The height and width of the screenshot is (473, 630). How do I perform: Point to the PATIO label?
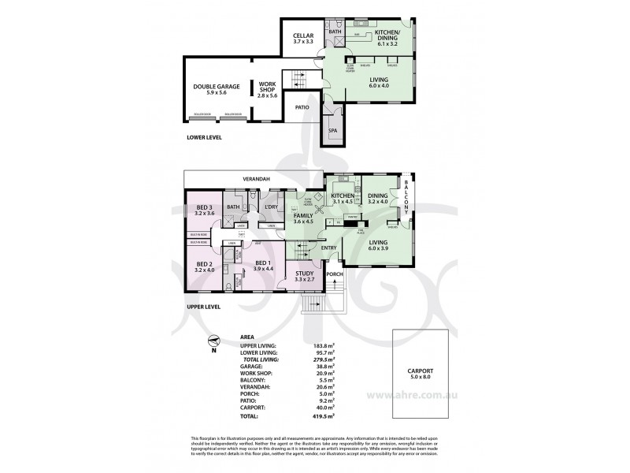click(301, 106)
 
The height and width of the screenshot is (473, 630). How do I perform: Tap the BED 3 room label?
click(204, 210)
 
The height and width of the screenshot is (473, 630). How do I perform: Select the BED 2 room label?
click(204, 266)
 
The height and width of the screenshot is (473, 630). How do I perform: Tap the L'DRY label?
click(272, 207)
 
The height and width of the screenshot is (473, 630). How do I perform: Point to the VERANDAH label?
click(256, 179)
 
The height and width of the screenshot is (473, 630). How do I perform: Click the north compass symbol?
click(212, 342)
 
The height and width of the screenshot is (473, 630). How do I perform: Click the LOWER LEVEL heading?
click(204, 137)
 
